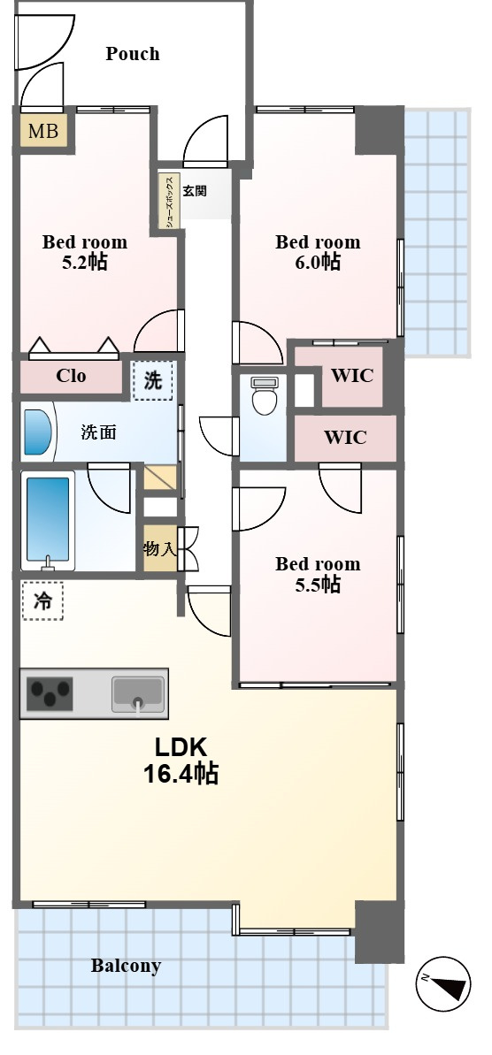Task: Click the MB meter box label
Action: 43,131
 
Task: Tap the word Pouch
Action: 133,54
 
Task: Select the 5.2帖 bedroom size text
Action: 84,262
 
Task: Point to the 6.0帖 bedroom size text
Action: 317,261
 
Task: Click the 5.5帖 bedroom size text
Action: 317,584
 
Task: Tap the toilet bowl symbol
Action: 264,396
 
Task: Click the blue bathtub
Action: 47,519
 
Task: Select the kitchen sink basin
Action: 138,694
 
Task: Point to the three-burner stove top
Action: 50,694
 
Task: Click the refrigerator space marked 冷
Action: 42,600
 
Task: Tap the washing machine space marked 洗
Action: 153,381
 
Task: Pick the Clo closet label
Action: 71,376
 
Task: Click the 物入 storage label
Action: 159,549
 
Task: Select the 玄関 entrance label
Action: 195,191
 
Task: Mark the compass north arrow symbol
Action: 442,983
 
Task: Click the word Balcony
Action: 126,967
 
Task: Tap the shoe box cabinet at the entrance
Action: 169,201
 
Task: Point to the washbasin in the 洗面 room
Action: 36,432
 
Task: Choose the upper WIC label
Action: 352,376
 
